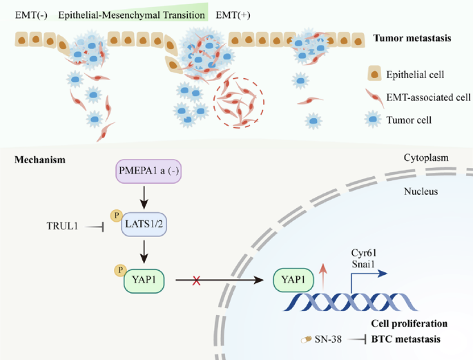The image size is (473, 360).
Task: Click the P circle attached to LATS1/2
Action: (117, 216)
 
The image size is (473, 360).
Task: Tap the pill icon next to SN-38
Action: (306, 339)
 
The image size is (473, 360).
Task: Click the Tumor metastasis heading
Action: (412, 38)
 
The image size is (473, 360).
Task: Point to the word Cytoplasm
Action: (427, 158)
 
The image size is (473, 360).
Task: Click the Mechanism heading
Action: (40, 160)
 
